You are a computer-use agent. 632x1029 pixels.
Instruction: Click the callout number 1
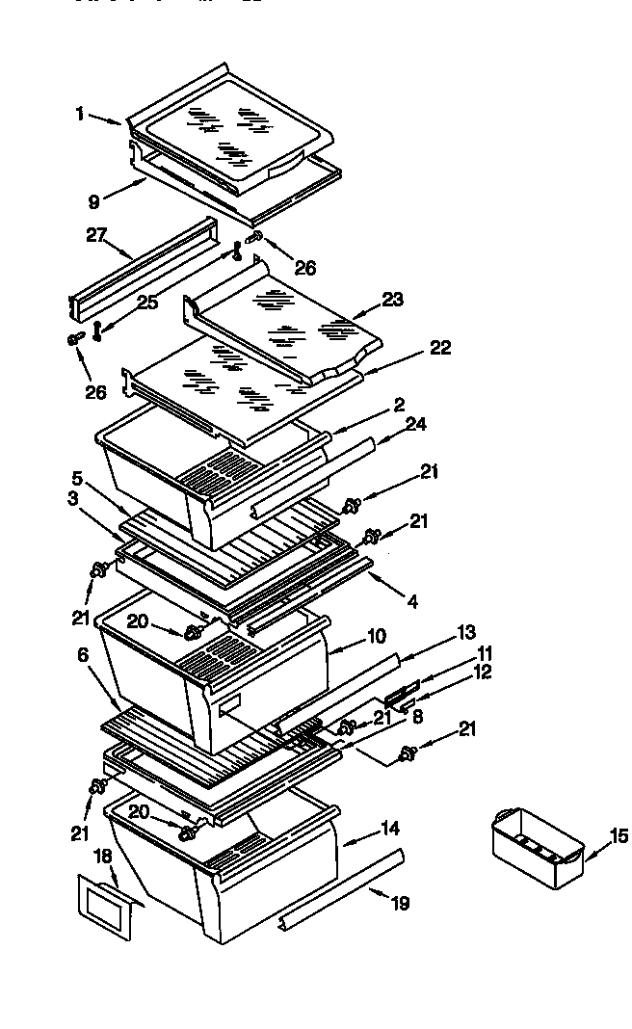80,114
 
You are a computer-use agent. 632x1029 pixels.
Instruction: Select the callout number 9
93,201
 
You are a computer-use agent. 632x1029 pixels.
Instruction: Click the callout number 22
440,348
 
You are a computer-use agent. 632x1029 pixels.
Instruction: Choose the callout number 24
415,423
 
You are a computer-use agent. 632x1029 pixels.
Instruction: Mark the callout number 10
376,637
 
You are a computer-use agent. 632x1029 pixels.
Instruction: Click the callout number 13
466,632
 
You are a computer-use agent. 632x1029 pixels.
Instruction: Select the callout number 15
619,835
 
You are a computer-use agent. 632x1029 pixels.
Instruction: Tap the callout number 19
400,903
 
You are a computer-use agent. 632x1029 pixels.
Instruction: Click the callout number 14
390,828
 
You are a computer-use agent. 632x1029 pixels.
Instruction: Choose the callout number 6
84,653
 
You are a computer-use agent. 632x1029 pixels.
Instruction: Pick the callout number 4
411,602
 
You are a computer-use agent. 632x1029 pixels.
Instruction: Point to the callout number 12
482,673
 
